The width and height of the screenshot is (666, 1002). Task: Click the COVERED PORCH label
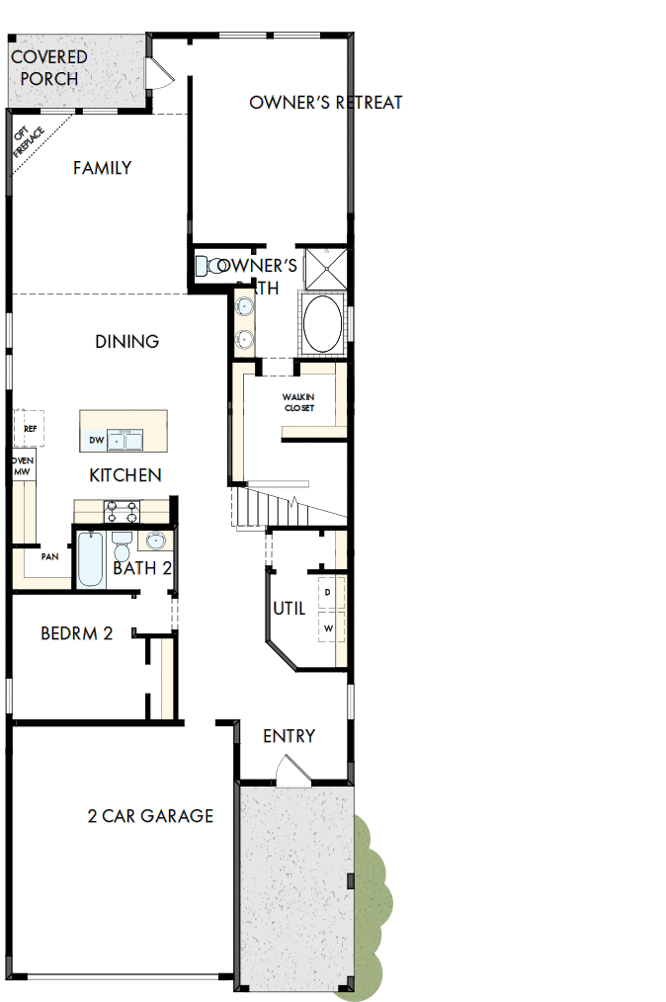coord(48,67)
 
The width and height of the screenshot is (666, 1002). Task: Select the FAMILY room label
coord(102,168)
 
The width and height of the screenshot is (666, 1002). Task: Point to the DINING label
coord(127,342)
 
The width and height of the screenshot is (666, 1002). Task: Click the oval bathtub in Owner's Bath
coord(322,323)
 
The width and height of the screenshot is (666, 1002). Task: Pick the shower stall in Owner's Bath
coord(325,267)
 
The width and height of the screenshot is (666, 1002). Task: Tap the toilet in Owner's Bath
coord(208,266)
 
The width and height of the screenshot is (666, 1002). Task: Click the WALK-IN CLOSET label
coord(297,402)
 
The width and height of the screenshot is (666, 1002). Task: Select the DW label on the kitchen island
coord(96,441)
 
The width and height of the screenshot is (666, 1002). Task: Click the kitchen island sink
coord(125,439)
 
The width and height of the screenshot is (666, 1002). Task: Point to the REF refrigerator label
coord(30,429)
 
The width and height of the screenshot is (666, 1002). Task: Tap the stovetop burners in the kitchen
coord(123,511)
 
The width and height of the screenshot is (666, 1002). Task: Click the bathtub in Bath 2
coord(90,559)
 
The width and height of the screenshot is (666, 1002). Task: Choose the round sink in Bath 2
coord(155,541)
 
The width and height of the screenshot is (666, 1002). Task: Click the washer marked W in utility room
coord(328,627)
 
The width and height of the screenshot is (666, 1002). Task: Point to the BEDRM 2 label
coord(76,633)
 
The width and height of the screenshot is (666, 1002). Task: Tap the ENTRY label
coord(289,736)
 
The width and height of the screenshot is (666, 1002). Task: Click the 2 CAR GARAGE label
coord(150,816)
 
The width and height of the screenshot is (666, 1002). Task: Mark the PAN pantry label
coord(48,557)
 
